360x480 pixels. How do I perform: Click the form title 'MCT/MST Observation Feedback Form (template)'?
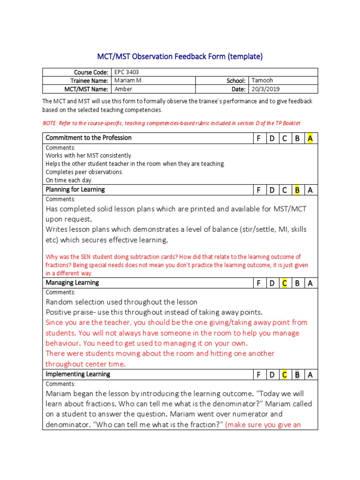coord(180,57)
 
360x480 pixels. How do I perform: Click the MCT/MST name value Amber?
coord(123,89)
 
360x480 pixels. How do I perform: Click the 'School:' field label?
coord(236,81)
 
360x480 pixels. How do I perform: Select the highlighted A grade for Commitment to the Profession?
coord(310,138)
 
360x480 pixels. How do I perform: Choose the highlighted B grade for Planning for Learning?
coord(297,190)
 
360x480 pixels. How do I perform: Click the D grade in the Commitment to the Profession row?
coord(271,138)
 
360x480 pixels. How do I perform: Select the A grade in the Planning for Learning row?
coord(310,190)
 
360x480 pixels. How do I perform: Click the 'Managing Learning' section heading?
coord(72,283)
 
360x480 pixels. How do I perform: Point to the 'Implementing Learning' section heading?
coord(78,374)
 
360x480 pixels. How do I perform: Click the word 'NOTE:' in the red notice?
coord(50,123)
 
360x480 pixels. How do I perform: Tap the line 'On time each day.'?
coord(69,180)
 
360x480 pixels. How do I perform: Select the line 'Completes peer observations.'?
coord(84,172)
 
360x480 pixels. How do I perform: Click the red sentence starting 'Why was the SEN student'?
coord(173,257)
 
